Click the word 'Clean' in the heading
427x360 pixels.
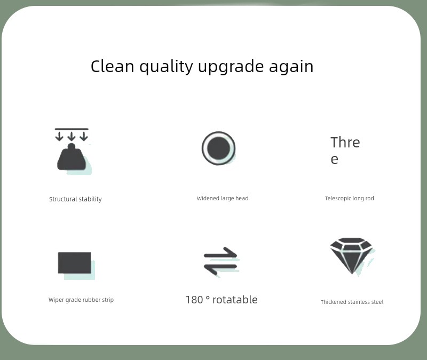click(x=113, y=66)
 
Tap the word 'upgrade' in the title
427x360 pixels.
click(x=231, y=67)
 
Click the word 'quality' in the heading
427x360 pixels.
click(x=167, y=67)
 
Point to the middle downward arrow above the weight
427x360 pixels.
click(x=72, y=136)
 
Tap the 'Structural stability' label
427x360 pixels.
click(x=75, y=199)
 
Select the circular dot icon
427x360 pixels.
click(x=219, y=148)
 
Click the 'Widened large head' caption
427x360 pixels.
click(x=223, y=198)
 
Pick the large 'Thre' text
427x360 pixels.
click(x=345, y=143)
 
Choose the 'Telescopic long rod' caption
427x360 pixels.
click(x=350, y=198)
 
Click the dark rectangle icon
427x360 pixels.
click(x=74, y=263)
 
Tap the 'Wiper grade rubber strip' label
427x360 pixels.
click(x=81, y=300)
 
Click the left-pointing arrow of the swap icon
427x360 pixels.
click(x=220, y=268)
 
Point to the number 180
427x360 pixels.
click(x=194, y=300)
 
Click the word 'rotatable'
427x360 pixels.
click(x=235, y=300)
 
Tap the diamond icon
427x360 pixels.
click(x=352, y=256)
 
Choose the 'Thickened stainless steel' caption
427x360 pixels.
click(x=352, y=302)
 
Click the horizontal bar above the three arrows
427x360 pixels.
click(x=72, y=129)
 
